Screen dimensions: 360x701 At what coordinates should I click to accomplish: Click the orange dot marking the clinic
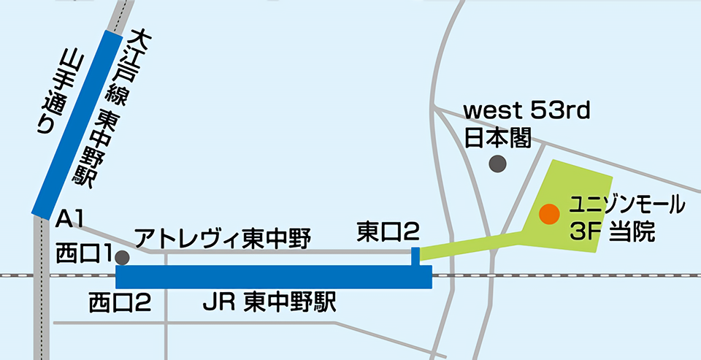pyautogui.click(x=549, y=214)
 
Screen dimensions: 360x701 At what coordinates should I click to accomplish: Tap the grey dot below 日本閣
pyautogui.click(x=498, y=164)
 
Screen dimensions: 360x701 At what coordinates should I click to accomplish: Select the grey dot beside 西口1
pyautogui.click(x=122, y=257)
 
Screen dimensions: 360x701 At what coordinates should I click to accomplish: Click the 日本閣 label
pyautogui.click(x=499, y=137)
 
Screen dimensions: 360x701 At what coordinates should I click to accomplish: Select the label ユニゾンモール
pyautogui.click(x=627, y=202)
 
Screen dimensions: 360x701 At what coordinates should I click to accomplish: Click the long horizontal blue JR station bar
pyautogui.click(x=274, y=277)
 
